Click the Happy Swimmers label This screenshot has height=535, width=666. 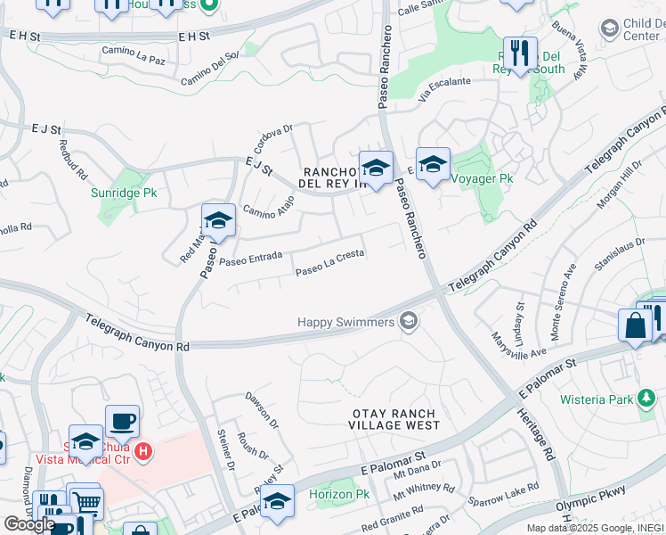click(345, 322)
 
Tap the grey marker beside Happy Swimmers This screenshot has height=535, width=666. click(409, 321)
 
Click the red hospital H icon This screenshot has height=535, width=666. click(142, 453)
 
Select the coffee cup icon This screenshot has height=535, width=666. click(122, 420)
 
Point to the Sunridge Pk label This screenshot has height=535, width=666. click(121, 192)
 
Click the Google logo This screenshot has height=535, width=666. click(28, 524)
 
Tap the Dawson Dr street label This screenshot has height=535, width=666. click(262, 410)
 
